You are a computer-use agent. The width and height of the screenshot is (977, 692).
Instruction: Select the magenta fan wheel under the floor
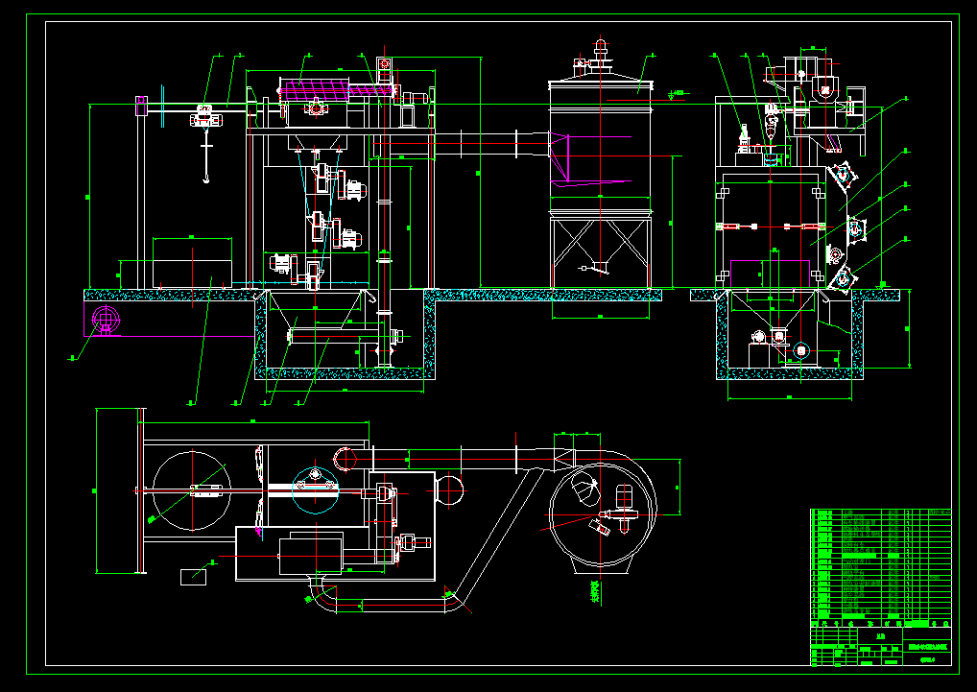pyautogui.click(x=103, y=320)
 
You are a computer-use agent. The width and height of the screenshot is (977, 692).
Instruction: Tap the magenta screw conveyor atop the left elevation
pyautogui.click(x=336, y=91)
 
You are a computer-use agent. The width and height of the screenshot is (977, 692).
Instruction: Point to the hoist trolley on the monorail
pyautogui.click(x=204, y=115)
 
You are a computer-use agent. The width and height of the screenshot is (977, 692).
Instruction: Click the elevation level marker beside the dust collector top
pyautogui.click(x=677, y=93)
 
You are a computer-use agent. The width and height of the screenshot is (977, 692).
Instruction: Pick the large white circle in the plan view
pyautogui.click(x=191, y=490)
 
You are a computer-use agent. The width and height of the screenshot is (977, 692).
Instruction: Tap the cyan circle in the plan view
pyautogui.click(x=315, y=487)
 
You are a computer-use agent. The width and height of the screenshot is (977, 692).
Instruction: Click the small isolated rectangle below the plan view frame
pyautogui.click(x=194, y=576)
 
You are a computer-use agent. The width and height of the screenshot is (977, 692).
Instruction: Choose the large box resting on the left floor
pyautogui.click(x=192, y=260)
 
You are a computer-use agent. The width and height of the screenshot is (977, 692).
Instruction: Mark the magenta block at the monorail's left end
pyautogui.click(x=140, y=105)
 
